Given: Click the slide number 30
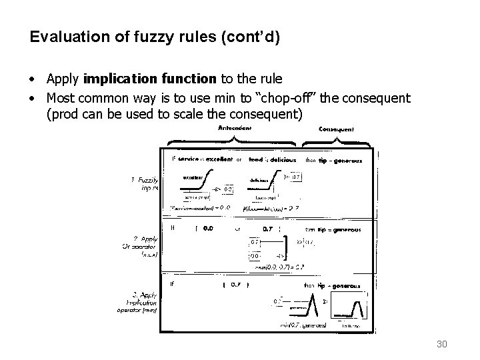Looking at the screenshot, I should tap(440, 343).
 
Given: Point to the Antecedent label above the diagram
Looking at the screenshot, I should tap(235, 128).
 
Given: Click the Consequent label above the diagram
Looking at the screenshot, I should tap(337, 129).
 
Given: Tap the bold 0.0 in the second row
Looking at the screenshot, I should tap(207, 229).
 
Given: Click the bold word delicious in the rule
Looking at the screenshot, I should tap(278, 159).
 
